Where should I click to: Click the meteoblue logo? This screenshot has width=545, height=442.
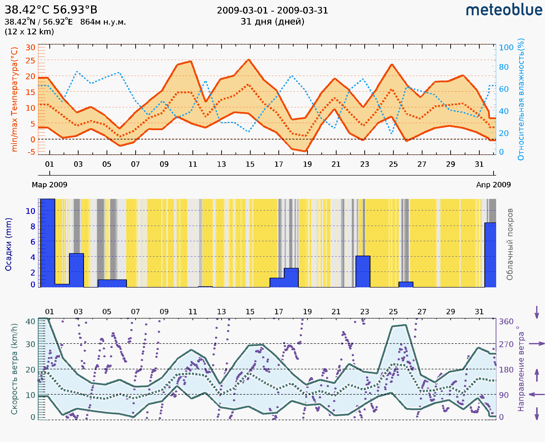504,10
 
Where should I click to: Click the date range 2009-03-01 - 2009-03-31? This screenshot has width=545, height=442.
272,11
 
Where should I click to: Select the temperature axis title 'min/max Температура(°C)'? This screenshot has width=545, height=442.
14,99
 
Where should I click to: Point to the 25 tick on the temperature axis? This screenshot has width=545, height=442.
30,61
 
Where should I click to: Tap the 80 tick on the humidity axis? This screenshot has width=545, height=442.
504,67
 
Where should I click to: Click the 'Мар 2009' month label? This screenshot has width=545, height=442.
49,185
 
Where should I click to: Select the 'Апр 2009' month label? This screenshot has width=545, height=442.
493,185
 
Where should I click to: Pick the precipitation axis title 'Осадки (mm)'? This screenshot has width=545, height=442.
8,244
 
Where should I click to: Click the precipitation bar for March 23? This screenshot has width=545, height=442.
363,271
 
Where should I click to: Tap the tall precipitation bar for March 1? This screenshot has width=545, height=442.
48,243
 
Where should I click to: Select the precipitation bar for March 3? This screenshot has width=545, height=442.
76,270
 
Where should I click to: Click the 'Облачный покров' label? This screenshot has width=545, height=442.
510,244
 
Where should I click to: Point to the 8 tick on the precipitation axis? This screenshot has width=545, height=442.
33,226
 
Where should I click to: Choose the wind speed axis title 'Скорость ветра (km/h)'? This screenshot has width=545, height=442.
14,369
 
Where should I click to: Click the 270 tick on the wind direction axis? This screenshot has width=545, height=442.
506,345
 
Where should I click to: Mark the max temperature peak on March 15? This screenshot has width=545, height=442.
249,60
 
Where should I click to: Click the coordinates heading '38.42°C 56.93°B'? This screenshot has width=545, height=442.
51,10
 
